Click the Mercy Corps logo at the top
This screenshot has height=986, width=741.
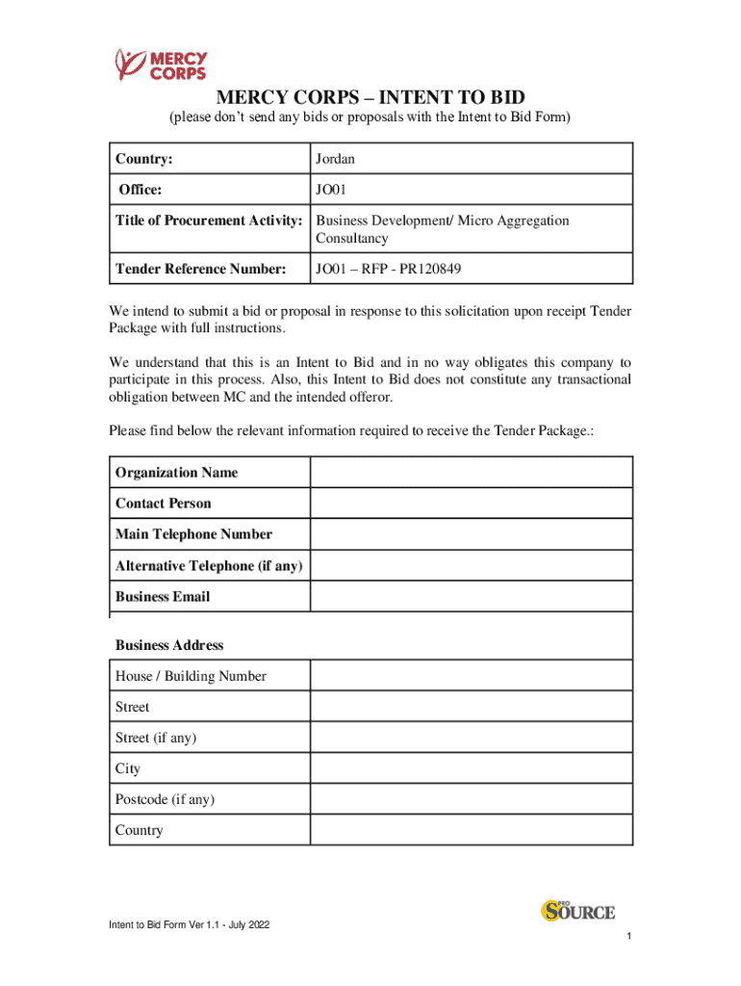[x=161, y=65]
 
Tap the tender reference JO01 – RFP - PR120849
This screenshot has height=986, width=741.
[x=389, y=269]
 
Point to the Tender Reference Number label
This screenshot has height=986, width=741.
[x=201, y=269]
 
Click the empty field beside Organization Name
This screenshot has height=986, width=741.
[x=471, y=473]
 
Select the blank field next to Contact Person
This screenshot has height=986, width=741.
[x=471, y=504]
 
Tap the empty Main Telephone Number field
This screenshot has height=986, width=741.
[x=471, y=534]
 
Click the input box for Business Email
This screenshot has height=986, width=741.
[x=471, y=596]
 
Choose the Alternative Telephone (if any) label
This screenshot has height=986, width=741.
[x=209, y=565]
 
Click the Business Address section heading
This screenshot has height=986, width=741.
[x=169, y=645]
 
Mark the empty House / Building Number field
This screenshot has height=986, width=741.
[x=471, y=676]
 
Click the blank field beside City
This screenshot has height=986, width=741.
[x=471, y=768]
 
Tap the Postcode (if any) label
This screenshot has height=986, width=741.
[x=165, y=799]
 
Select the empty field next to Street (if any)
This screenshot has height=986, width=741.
[x=471, y=738]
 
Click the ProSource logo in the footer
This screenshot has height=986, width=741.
[x=577, y=910]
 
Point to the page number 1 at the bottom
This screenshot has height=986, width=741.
[x=627, y=937]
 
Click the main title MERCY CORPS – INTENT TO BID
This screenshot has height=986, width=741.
[x=370, y=97]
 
